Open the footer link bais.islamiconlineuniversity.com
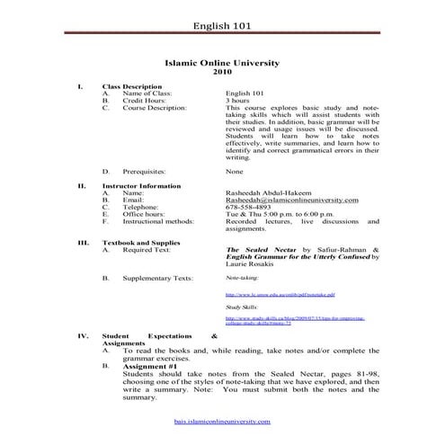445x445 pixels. [222, 421]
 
